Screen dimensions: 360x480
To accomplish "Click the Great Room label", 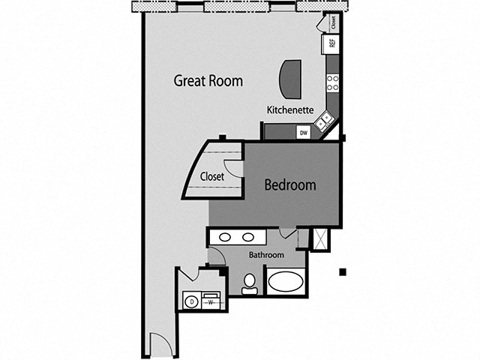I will click(x=208, y=80).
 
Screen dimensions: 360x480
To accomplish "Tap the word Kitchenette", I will click(x=290, y=109).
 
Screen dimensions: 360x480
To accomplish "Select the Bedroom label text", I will click(x=289, y=184).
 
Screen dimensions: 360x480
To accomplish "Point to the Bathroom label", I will click(x=267, y=255).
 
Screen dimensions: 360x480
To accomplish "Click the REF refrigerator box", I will click(x=332, y=43).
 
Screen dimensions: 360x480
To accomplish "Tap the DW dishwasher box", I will click(x=304, y=133).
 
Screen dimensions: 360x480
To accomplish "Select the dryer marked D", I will click(x=190, y=301).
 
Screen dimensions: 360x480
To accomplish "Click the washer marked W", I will click(x=211, y=301).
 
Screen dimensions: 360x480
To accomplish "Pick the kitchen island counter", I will click(x=290, y=79).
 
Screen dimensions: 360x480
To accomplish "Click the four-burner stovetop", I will click(x=332, y=82).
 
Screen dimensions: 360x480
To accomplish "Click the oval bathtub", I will click(x=286, y=282).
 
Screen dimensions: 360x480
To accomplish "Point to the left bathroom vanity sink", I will click(x=224, y=238).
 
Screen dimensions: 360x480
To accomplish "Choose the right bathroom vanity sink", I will click(x=248, y=238).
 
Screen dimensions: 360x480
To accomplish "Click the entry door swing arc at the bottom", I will click(x=161, y=345).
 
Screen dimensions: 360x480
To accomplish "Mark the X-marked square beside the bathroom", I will click(x=320, y=239).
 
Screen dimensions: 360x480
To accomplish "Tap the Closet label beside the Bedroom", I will click(x=212, y=177).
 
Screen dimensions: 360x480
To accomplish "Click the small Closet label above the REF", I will click(x=333, y=22).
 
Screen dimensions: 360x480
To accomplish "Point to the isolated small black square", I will click(x=343, y=271).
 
